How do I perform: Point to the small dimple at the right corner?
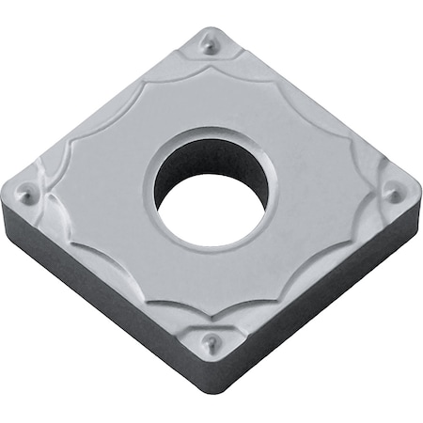pyautogui.click(x=395, y=195)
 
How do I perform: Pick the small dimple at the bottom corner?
pyautogui.click(x=212, y=341)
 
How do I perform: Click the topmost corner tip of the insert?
pyautogui.click(x=206, y=28)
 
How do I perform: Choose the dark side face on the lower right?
pyautogui.click(x=320, y=301)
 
